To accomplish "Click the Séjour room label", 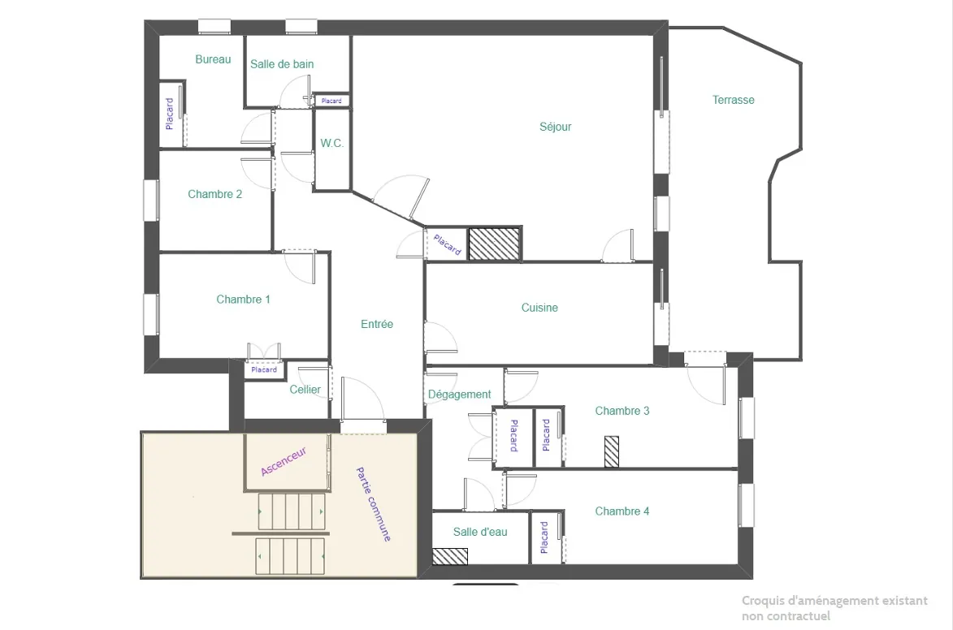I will click(x=556, y=127).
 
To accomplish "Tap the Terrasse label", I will click(x=733, y=100).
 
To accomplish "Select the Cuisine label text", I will click(x=539, y=308).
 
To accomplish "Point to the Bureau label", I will click(x=213, y=59).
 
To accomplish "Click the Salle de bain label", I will click(x=282, y=64).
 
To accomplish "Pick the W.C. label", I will click(x=331, y=143).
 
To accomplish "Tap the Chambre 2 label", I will click(x=214, y=194).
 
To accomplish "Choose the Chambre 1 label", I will click(x=243, y=300).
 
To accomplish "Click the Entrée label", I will click(x=377, y=324).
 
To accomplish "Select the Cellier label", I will click(x=305, y=390).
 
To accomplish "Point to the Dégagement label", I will click(x=459, y=395).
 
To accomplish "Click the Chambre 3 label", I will click(x=622, y=411).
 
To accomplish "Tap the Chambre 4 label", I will click(x=622, y=511).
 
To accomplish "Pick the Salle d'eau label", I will click(x=480, y=532).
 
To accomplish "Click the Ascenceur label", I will click(x=284, y=461).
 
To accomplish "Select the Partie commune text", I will click(x=374, y=504).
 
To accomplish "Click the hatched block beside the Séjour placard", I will click(x=494, y=244).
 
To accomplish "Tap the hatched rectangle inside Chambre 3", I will click(x=611, y=451).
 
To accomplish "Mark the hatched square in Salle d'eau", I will click(x=449, y=557).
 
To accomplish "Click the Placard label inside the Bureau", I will click(x=170, y=114).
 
